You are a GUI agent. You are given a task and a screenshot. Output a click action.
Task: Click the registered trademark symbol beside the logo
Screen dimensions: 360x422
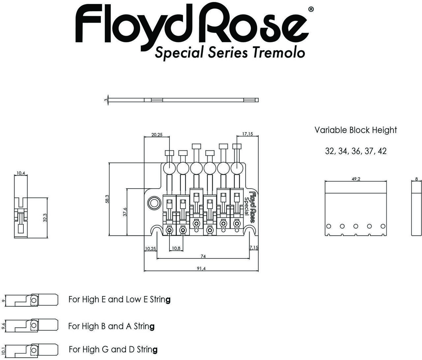point(311,10)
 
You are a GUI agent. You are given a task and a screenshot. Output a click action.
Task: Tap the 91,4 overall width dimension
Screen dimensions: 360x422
point(201,268)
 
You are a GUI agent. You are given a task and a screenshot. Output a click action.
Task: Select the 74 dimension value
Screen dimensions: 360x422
point(203,256)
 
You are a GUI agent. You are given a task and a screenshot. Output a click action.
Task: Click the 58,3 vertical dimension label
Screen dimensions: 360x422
point(106,199)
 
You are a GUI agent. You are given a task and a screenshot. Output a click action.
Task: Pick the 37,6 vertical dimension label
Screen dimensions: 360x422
point(125,212)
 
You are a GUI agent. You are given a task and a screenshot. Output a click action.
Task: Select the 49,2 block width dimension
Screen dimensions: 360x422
point(356,179)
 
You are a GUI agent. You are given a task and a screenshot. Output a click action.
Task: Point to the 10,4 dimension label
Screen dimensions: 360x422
point(21,173)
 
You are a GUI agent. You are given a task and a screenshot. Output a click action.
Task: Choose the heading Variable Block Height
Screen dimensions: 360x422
point(355,130)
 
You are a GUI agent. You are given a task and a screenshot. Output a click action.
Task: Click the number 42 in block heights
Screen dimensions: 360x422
point(382,151)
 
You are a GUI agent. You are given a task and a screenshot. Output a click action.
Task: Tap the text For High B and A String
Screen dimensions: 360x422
point(111,326)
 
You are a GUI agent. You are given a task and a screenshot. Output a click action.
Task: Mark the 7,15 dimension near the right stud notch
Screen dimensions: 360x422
point(254,248)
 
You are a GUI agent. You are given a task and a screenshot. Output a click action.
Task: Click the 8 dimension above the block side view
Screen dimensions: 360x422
point(416,179)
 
